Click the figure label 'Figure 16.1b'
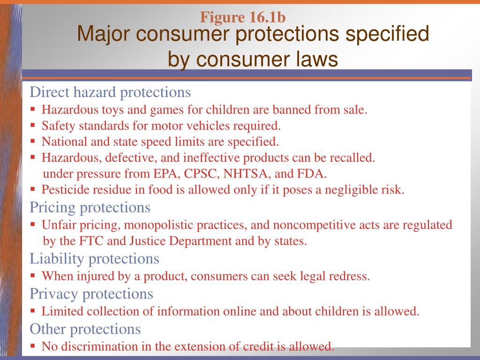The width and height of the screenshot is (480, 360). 243,17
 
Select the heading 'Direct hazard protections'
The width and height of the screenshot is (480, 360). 110,92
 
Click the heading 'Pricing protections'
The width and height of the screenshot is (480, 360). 90,207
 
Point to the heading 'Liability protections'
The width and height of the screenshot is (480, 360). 94,258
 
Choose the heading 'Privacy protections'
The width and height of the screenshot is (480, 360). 91,294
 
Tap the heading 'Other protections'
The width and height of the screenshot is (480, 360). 85,329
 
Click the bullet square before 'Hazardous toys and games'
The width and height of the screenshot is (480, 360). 33,110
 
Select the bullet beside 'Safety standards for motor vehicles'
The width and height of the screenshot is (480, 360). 33,126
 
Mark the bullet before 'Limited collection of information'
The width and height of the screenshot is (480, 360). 33,311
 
